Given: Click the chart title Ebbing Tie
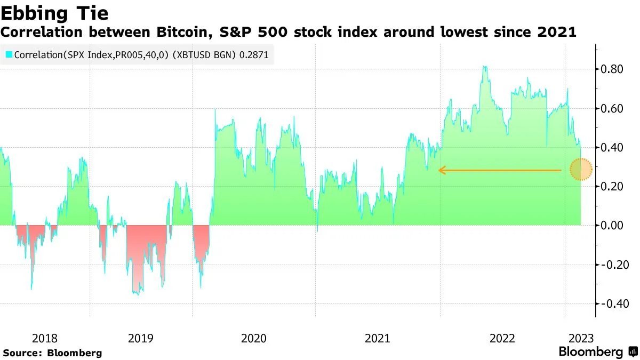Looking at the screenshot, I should click(55, 12).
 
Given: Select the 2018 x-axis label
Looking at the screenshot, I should click(45, 338).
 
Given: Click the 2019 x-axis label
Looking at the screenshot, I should click(141, 338).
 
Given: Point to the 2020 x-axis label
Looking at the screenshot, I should click(254, 338).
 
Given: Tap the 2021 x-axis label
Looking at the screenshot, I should click(378, 338).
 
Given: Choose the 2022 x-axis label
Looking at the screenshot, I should click(502, 338).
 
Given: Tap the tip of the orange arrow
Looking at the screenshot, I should click(439, 170).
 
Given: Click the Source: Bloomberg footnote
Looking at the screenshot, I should click(52, 353).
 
